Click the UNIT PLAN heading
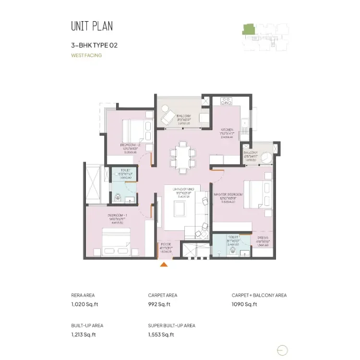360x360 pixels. tap(92, 26)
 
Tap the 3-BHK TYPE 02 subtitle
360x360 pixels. tap(94, 46)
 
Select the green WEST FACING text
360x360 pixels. tap(86, 55)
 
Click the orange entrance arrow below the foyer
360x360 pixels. tap(164, 264)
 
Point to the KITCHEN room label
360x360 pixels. tap(227, 130)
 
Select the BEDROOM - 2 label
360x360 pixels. tap(130, 145)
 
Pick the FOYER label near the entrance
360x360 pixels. tap(165, 244)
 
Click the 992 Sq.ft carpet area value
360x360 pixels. tap(159, 304)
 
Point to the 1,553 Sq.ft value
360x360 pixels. tap(161, 335)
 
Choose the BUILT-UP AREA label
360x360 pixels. tap(87, 325)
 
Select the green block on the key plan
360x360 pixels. tap(249, 28)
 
